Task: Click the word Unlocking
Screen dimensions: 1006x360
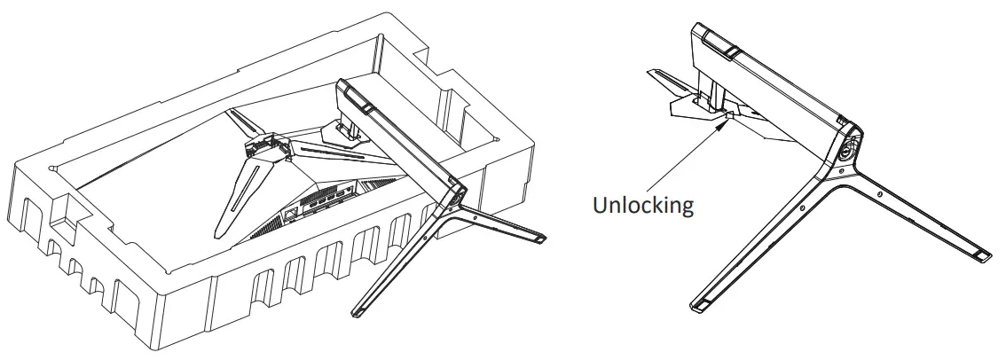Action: (642, 206)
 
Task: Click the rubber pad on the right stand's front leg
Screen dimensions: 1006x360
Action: (702, 305)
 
